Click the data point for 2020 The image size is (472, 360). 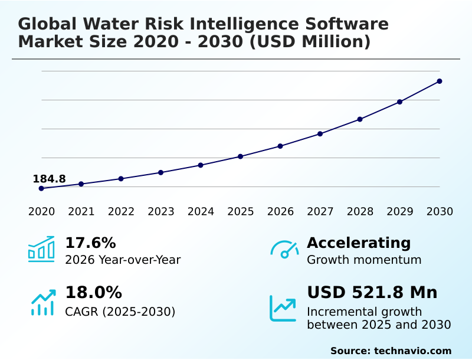coord(41,188)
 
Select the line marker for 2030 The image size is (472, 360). coord(440,81)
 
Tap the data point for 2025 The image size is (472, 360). coord(241,156)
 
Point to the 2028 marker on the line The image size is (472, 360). coord(360,119)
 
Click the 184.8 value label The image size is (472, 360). coord(49,179)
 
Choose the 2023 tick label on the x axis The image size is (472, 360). coord(161,211)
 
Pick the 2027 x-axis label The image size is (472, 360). coord(320,211)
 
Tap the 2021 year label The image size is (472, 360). coord(81,211)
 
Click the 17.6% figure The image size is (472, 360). coord(90,243)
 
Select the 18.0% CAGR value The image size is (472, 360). coord(93,293)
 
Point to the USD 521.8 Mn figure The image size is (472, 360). coord(372,293)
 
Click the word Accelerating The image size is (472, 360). coord(359,243)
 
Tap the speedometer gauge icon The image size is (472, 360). coord(284,250)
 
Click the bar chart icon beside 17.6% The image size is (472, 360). coord(41,249)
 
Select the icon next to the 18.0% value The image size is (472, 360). coord(42,302)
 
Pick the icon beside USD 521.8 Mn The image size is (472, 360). coord(283,308)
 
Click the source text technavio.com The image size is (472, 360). coord(412,351)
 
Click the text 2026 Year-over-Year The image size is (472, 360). coord(123,260)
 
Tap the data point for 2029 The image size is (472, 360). coord(399,102)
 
